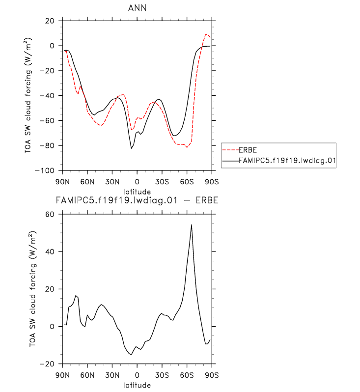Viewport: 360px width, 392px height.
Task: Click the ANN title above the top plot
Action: tap(137, 9)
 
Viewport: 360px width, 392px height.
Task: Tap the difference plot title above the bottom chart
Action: tap(137, 200)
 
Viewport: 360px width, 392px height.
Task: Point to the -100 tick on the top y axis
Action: tap(48, 170)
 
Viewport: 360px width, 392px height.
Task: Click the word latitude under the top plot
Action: tap(137, 191)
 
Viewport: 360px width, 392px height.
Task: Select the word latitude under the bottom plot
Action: tap(137, 385)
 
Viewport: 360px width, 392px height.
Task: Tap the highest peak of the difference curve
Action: tap(191, 225)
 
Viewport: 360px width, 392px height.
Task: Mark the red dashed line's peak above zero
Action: tap(206, 35)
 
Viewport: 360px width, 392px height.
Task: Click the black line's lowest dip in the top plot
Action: tap(131, 148)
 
